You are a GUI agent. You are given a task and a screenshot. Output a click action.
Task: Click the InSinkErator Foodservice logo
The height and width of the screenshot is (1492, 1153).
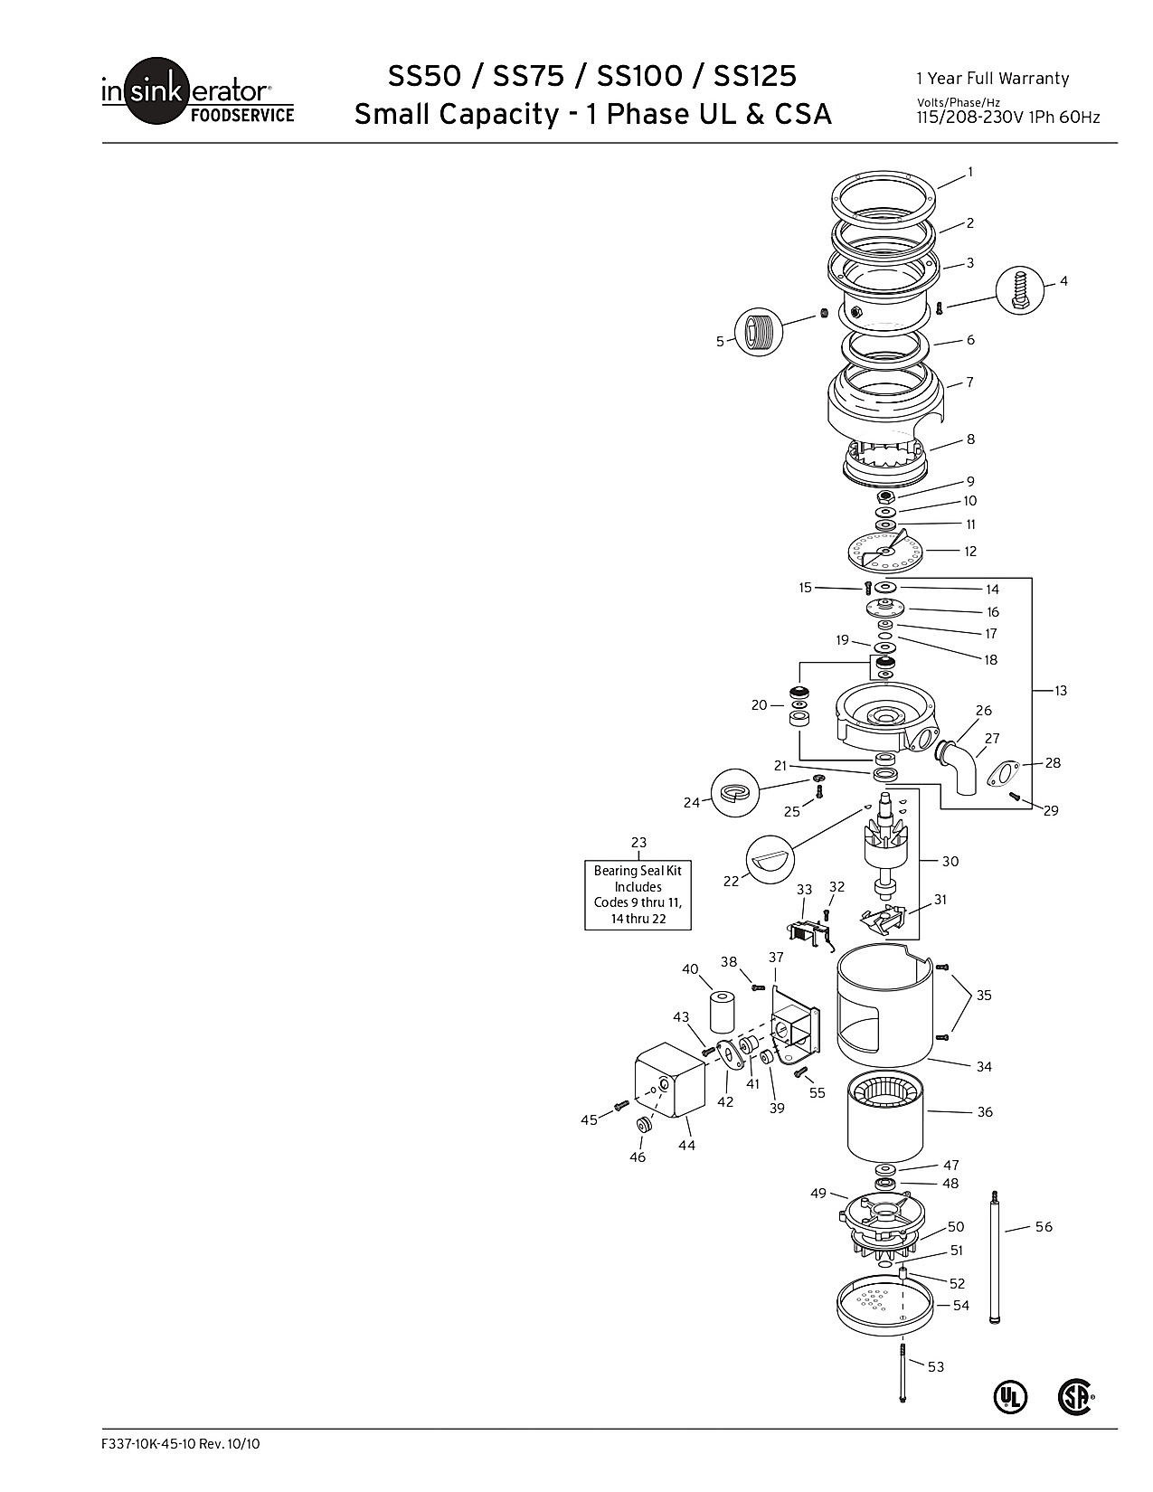pyautogui.click(x=198, y=90)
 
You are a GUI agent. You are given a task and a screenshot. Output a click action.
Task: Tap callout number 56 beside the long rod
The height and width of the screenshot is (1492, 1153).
pyautogui.click(x=1043, y=1226)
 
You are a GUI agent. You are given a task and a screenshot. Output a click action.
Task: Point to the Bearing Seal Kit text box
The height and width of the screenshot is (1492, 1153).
pyautogui.click(x=638, y=894)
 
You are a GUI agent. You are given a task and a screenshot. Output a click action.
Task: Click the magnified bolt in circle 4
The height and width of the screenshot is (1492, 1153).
pyautogui.click(x=1020, y=290)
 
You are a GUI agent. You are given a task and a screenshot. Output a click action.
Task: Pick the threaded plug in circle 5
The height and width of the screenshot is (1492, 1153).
pyautogui.click(x=759, y=333)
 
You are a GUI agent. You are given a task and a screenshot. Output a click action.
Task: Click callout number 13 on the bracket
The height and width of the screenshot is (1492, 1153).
pyautogui.click(x=1060, y=691)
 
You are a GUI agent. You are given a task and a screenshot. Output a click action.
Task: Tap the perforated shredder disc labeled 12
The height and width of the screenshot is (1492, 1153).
pyautogui.click(x=884, y=551)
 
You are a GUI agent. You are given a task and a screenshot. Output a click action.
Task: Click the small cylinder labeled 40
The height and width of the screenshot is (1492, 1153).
pyautogui.click(x=721, y=1011)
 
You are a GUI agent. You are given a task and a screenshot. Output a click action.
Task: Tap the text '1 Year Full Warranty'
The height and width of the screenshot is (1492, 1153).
pyautogui.click(x=992, y=79)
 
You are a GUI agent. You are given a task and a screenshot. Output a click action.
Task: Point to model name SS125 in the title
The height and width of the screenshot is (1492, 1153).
pyautogui.click(x=755, y=76)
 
